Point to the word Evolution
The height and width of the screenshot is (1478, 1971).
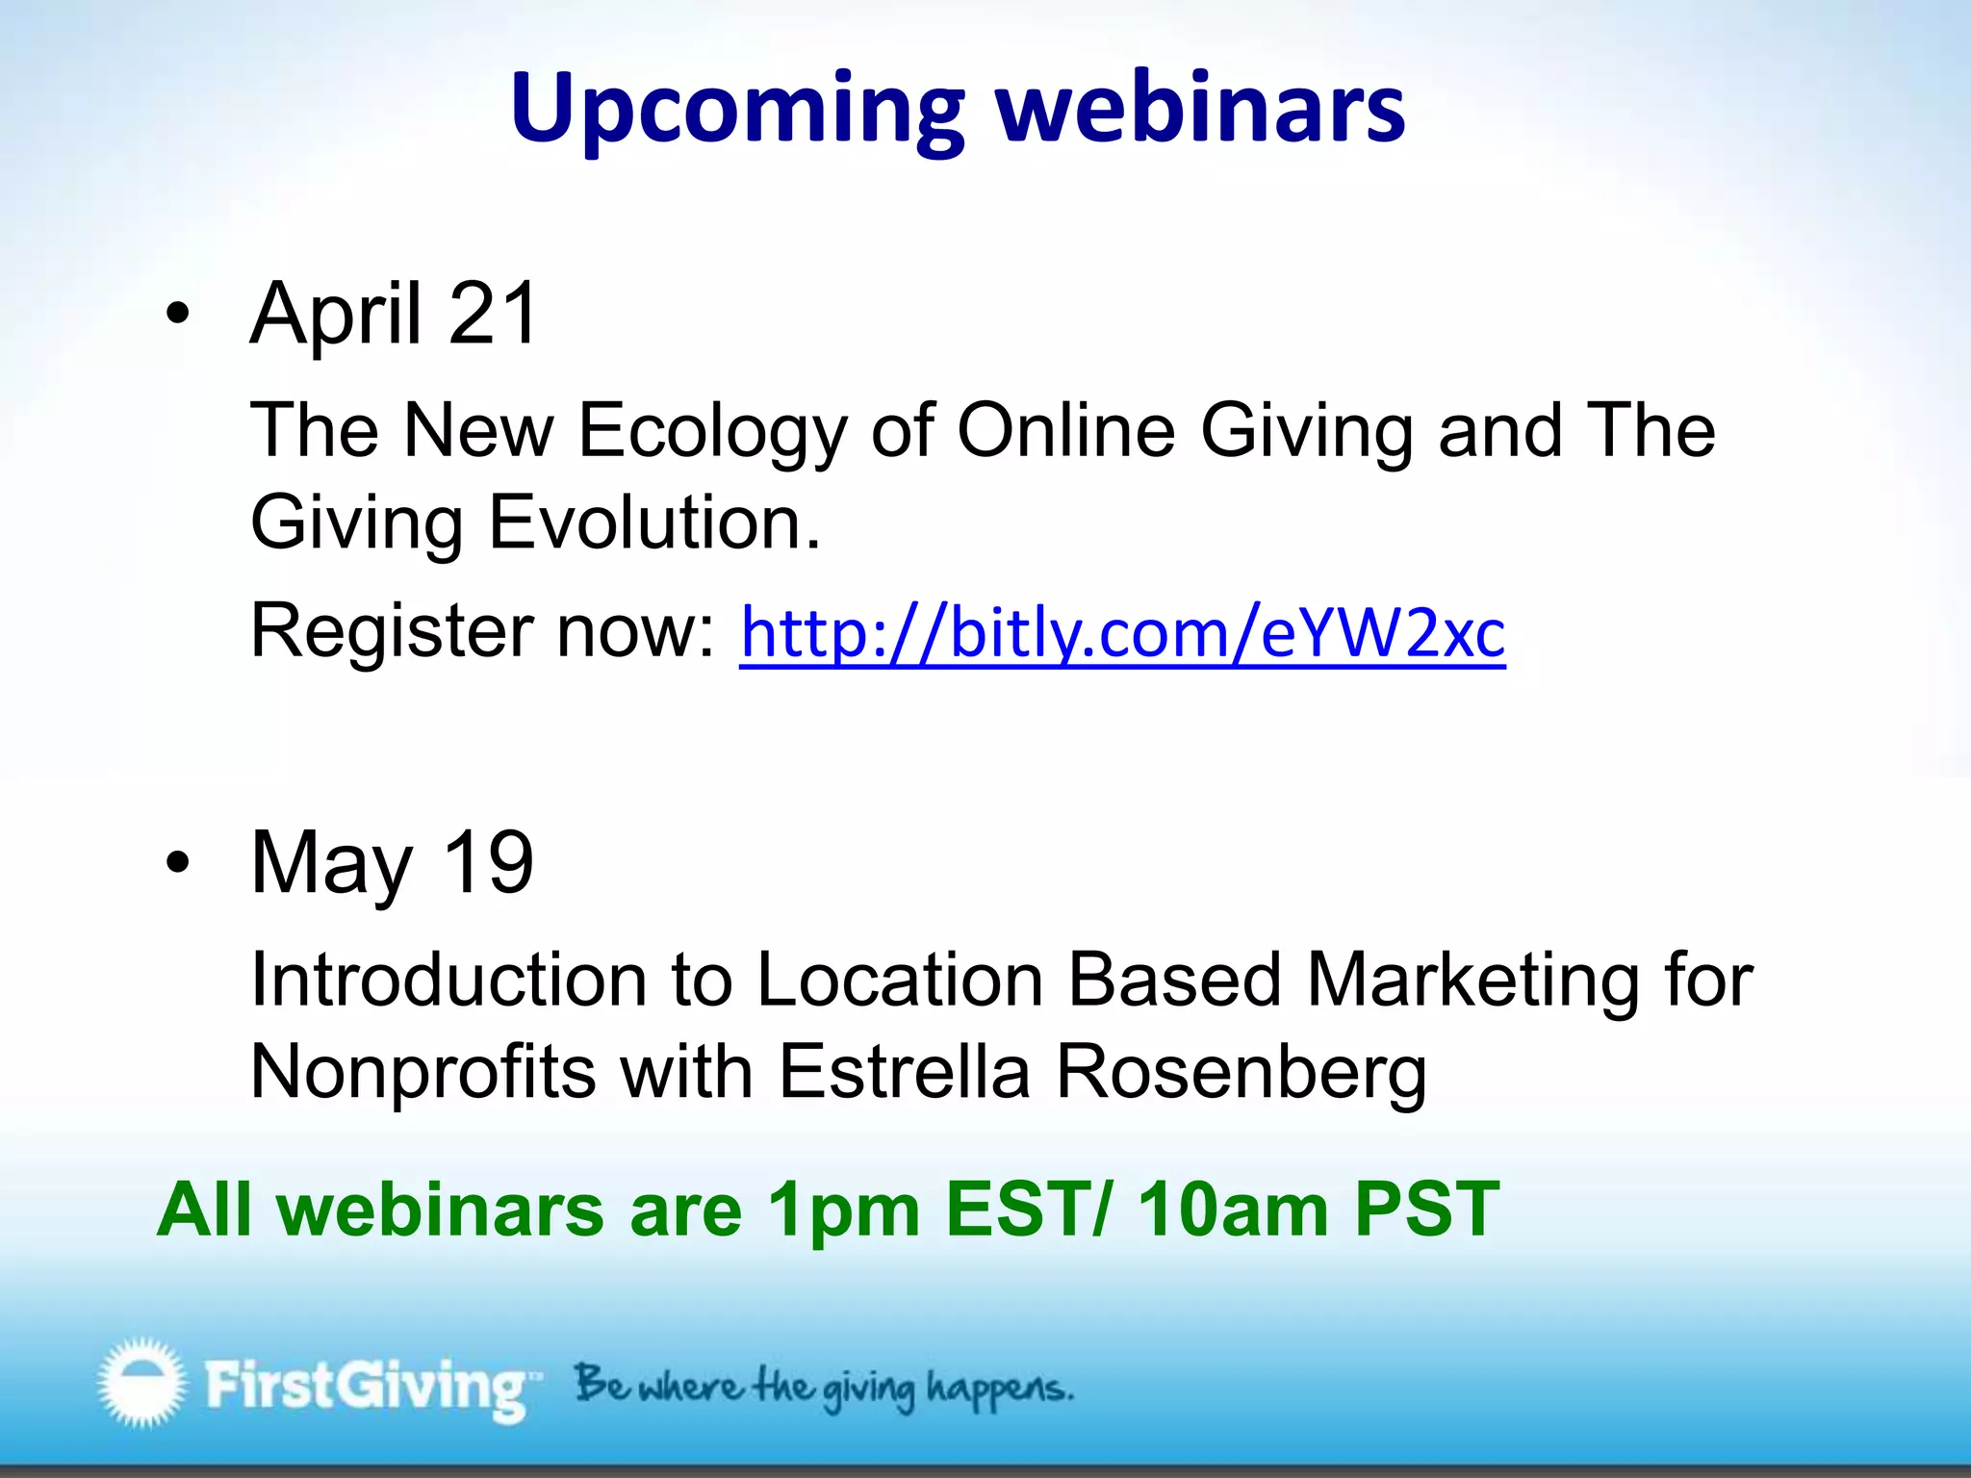(654, 522)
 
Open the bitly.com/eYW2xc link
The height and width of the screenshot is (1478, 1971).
(1122, 633)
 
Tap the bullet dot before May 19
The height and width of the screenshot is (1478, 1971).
(177, 862)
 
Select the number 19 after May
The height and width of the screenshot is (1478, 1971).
(487, 862)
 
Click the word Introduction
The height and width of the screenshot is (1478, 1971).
(448, 981)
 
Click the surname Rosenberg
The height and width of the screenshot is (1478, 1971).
(1241, 1074)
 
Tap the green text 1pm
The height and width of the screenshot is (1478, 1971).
(844, 1210)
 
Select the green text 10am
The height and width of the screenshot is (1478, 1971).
(1233, 1210)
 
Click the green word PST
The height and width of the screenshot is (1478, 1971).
(1426, 1208)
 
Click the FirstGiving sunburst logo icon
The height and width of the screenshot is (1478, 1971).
(141, 1382)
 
